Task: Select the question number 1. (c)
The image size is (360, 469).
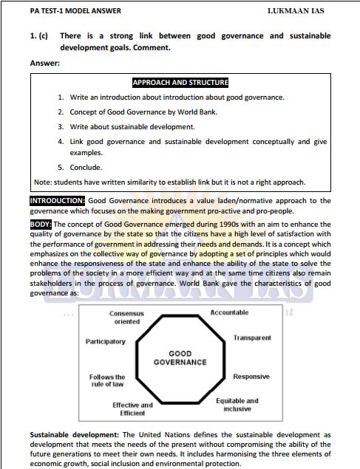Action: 40,35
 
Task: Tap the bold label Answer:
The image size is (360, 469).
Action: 45,63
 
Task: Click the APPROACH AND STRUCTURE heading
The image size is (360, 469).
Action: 180,83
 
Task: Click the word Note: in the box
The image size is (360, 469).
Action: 44,182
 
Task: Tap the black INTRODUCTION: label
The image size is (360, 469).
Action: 58,200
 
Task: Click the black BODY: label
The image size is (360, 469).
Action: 41,224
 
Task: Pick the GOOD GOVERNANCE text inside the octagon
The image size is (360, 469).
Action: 180,358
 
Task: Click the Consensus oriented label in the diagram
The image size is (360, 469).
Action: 106,318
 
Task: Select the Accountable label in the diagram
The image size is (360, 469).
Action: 229,313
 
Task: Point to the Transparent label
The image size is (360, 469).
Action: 252,338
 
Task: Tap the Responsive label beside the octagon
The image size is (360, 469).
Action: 251,377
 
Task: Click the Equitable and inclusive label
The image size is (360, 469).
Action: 237,405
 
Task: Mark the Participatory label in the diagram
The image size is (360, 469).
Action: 106,342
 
